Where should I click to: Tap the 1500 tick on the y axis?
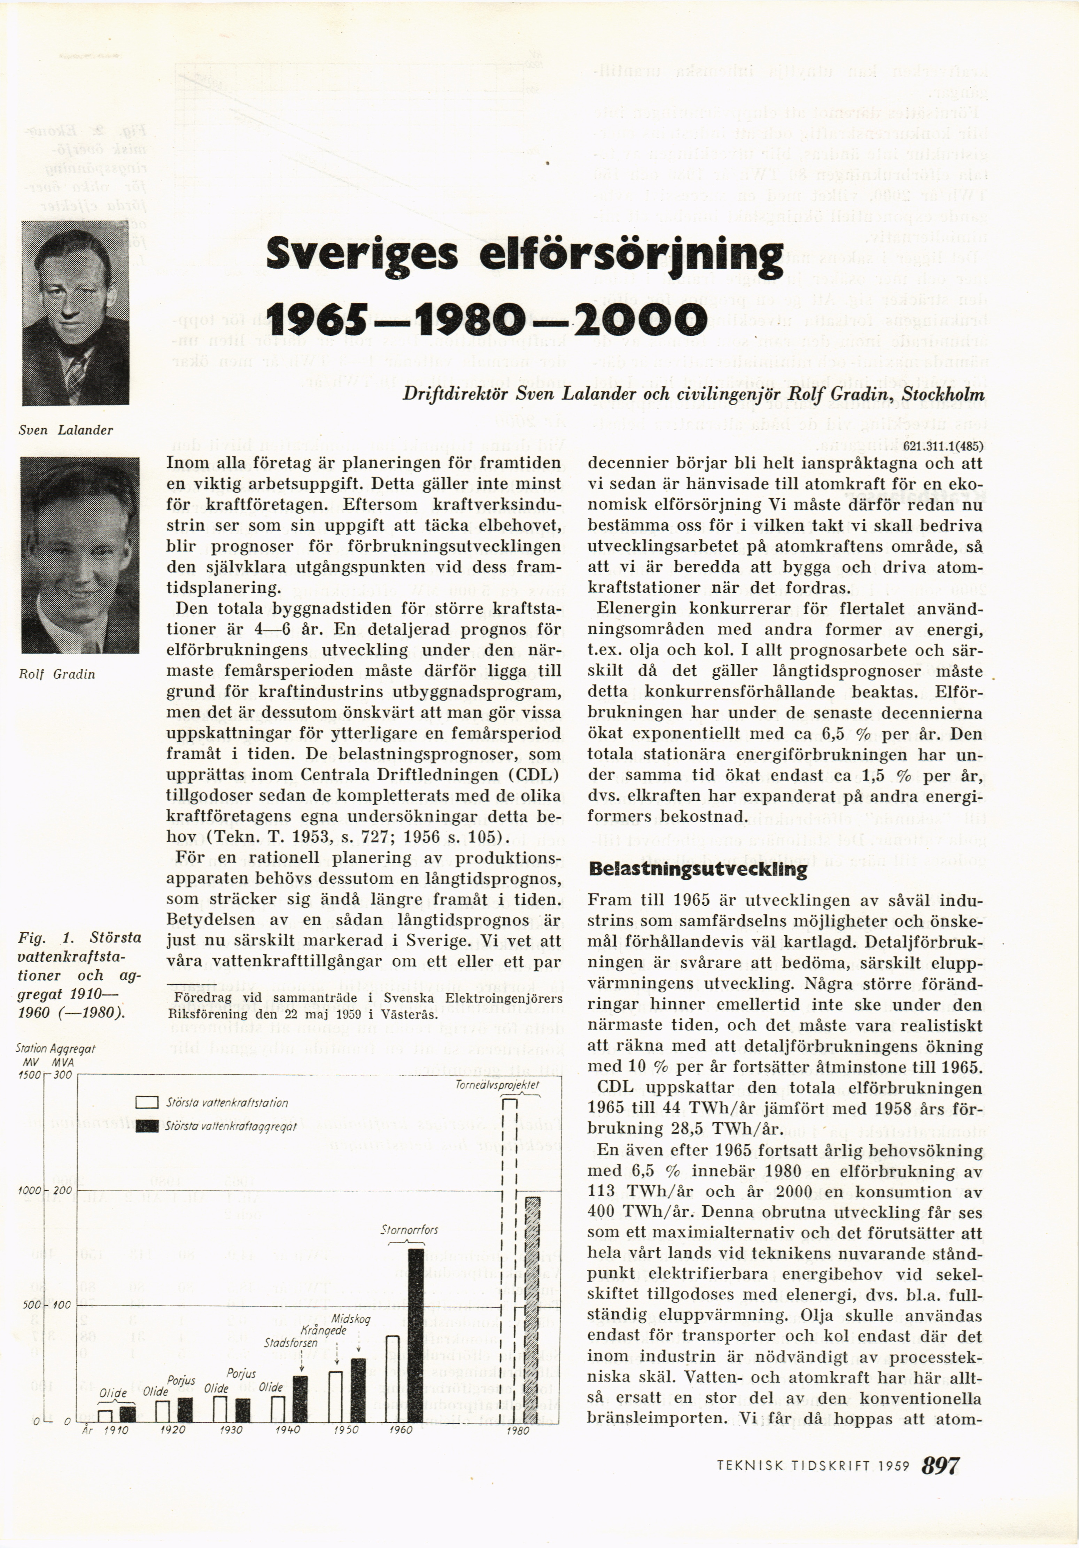click(x=30, y=1075)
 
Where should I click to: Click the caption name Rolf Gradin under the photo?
click(x=57, y=674)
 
